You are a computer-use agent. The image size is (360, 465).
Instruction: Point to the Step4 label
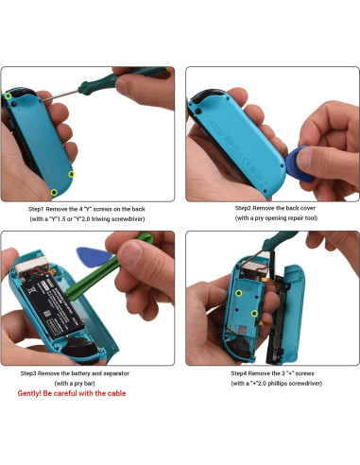tap(239, 373)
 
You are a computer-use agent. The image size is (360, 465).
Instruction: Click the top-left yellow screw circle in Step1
tap(9, 95)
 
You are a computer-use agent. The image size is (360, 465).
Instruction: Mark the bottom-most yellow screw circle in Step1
tap(54, 193)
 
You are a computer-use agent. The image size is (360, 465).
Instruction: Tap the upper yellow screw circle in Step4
tap(239, 293)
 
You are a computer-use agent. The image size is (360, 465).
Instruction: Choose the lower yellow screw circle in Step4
tap(254, 313)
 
